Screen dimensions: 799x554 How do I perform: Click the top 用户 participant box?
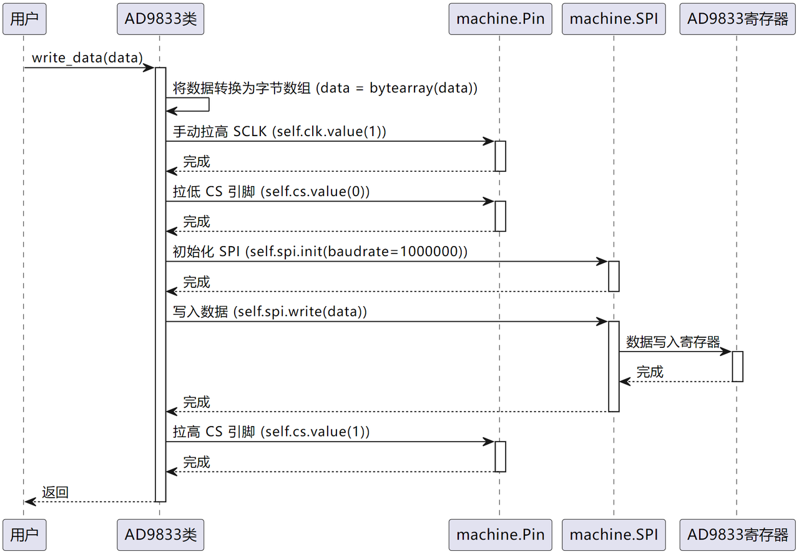[x=24, y=19]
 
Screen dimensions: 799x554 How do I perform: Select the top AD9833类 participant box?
[x=160, y=19]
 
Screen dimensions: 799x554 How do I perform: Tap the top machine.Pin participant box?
[x=500, y=19]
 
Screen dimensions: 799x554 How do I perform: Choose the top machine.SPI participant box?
[x=614, y=19]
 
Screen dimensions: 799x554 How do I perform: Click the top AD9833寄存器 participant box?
[x=737, y=19]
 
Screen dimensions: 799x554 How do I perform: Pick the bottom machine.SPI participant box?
[x=614, y=535]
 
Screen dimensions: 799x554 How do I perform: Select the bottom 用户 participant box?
[x=24, y=535]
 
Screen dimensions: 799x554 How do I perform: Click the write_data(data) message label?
[x=87, y=58]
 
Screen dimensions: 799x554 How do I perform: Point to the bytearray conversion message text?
[x=325, y=88]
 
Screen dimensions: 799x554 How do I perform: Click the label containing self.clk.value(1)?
[x=279, y=132]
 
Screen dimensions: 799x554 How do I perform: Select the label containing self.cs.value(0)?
[x=271, y=192]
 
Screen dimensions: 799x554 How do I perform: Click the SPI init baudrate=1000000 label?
[x=320, y=252]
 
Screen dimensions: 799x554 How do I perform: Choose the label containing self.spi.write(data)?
[x=270, y=312]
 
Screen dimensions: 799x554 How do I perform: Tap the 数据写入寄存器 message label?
[x=673, y=342]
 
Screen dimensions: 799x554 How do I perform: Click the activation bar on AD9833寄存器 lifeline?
[x=737, y=367]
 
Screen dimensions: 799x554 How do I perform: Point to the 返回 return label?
[x=55, y=492]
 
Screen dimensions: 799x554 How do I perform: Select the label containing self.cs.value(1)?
[x=271, y=432]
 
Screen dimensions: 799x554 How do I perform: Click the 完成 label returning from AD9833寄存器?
[x=650, y=372]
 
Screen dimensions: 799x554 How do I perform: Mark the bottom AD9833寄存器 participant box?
[x=737, y=535]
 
